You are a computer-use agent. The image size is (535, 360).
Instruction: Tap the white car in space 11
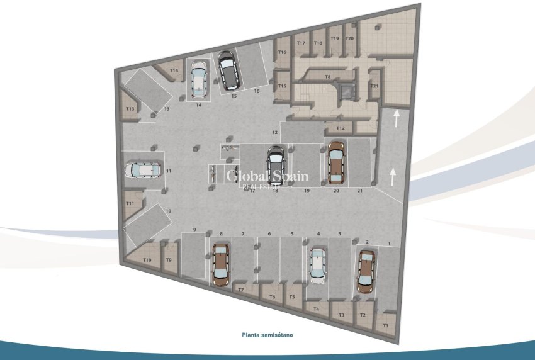point(143,170)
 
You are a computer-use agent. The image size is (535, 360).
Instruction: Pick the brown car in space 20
point(336,162)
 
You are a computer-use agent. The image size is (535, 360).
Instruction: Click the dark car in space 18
point(276,166)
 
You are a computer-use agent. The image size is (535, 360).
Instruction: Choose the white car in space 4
point(318,264)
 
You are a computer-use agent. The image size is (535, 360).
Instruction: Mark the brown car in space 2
point(366,271)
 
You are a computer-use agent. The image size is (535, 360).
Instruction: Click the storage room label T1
point(385,325)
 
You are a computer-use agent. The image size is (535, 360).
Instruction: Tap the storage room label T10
point(147,260)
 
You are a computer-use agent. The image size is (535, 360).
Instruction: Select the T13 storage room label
point(130,109)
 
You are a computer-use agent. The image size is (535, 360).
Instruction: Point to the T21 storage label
point(374,86)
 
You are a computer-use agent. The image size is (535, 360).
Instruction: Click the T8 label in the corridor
point(327,77)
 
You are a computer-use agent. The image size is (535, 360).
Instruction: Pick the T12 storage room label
point(340,128)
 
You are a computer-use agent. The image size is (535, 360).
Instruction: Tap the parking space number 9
point(195,229)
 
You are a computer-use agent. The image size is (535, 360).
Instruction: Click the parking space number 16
point(256,91)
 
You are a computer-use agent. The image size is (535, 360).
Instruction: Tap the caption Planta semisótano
point(267,335)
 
